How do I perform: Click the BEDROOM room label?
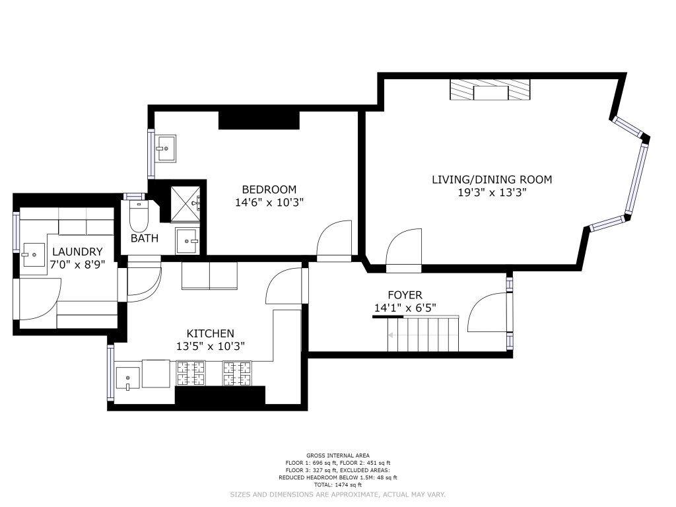coord(269,189)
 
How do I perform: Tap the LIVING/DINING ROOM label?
coord(492,180)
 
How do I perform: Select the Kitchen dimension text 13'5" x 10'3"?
coord(211,346)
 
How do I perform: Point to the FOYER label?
coord(405,295)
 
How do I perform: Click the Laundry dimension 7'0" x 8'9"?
coord(78,264)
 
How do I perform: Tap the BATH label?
coord(145,238)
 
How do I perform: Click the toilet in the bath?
coord(139,216)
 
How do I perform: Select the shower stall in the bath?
coord(186,204)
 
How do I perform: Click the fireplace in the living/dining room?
coord(490,90)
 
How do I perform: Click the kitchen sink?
coord(127,378)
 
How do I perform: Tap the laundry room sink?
coord(34,255)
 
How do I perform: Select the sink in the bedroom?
coord(166,149)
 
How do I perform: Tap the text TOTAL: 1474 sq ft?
coord(337,485)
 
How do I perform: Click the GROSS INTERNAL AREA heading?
coord(337,456)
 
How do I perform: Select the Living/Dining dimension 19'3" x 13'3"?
coord(492,192)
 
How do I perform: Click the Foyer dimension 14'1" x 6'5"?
coord(405,308)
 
